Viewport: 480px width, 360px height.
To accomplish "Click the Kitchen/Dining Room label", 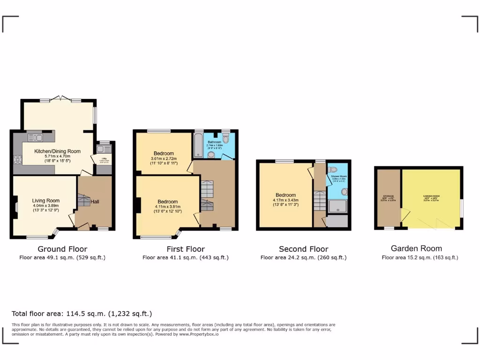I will pos(57,151).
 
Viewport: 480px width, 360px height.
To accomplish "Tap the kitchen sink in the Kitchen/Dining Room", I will pos(35,137).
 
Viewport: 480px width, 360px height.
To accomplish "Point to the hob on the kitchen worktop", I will pos(18,159).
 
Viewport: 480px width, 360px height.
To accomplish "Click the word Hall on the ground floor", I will pos(95,202).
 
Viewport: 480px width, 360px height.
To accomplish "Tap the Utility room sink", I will pos(104,149).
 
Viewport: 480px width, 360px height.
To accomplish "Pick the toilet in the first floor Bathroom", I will pos(226,138).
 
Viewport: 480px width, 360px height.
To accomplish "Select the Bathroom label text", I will pos(214,142).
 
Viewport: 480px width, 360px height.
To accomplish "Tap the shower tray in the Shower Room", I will pos(337,207).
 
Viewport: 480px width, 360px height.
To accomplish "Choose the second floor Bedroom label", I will pos(285,195).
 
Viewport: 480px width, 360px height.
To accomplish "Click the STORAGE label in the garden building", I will pos(388,196).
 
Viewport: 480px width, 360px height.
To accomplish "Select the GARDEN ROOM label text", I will pos(431,196).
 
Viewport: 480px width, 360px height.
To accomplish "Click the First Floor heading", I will pos(186,249).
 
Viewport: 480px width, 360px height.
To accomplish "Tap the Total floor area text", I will pos(82,314).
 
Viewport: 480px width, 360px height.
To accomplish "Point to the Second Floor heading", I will pos(303,249).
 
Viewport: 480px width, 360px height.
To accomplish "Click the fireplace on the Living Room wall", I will pos(16,207).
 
